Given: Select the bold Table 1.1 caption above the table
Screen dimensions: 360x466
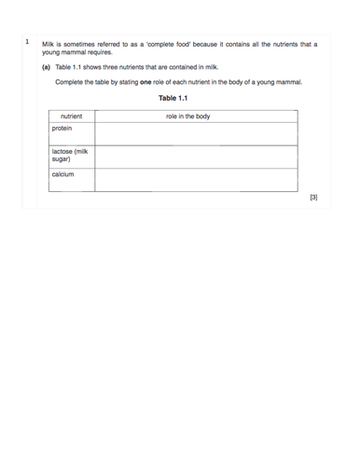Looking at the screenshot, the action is point(173,99).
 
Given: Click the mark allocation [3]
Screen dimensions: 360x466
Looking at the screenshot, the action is point(313,198).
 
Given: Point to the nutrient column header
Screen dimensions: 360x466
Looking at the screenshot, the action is point(71,116).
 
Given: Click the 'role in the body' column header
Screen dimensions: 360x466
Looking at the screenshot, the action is point(187,116).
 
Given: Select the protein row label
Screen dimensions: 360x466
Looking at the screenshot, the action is point(62,129).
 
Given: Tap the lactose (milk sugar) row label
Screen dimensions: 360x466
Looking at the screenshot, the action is point(70,155).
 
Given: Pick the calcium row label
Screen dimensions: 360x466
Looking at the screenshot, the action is point(63,174).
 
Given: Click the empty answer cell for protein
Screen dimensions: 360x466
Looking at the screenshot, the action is point(195,134).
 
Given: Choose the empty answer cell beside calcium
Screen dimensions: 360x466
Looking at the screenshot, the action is point(195,179).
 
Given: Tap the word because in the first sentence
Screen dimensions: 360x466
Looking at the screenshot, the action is point(213,44).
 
